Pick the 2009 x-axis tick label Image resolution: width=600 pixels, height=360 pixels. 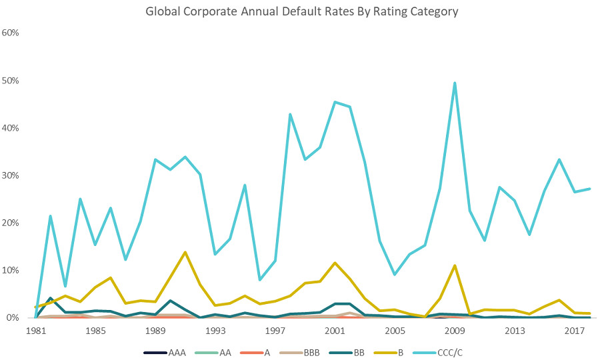pos(454,331)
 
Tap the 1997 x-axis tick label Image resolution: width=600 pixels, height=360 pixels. pos(275,331)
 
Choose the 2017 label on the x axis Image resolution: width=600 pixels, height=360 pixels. pos(574,331)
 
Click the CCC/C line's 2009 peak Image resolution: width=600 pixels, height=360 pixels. pos(455,83)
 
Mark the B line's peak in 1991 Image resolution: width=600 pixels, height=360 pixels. pos(185,252)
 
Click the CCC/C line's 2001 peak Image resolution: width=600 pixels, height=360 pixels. pos(335,102)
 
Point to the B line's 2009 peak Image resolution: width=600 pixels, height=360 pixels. pos(455,265)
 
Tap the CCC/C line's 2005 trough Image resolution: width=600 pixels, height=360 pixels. pos(395,274)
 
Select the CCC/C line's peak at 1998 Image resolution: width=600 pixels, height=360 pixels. pos(290,114)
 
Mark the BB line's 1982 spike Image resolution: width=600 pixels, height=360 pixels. pos(50,298)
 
